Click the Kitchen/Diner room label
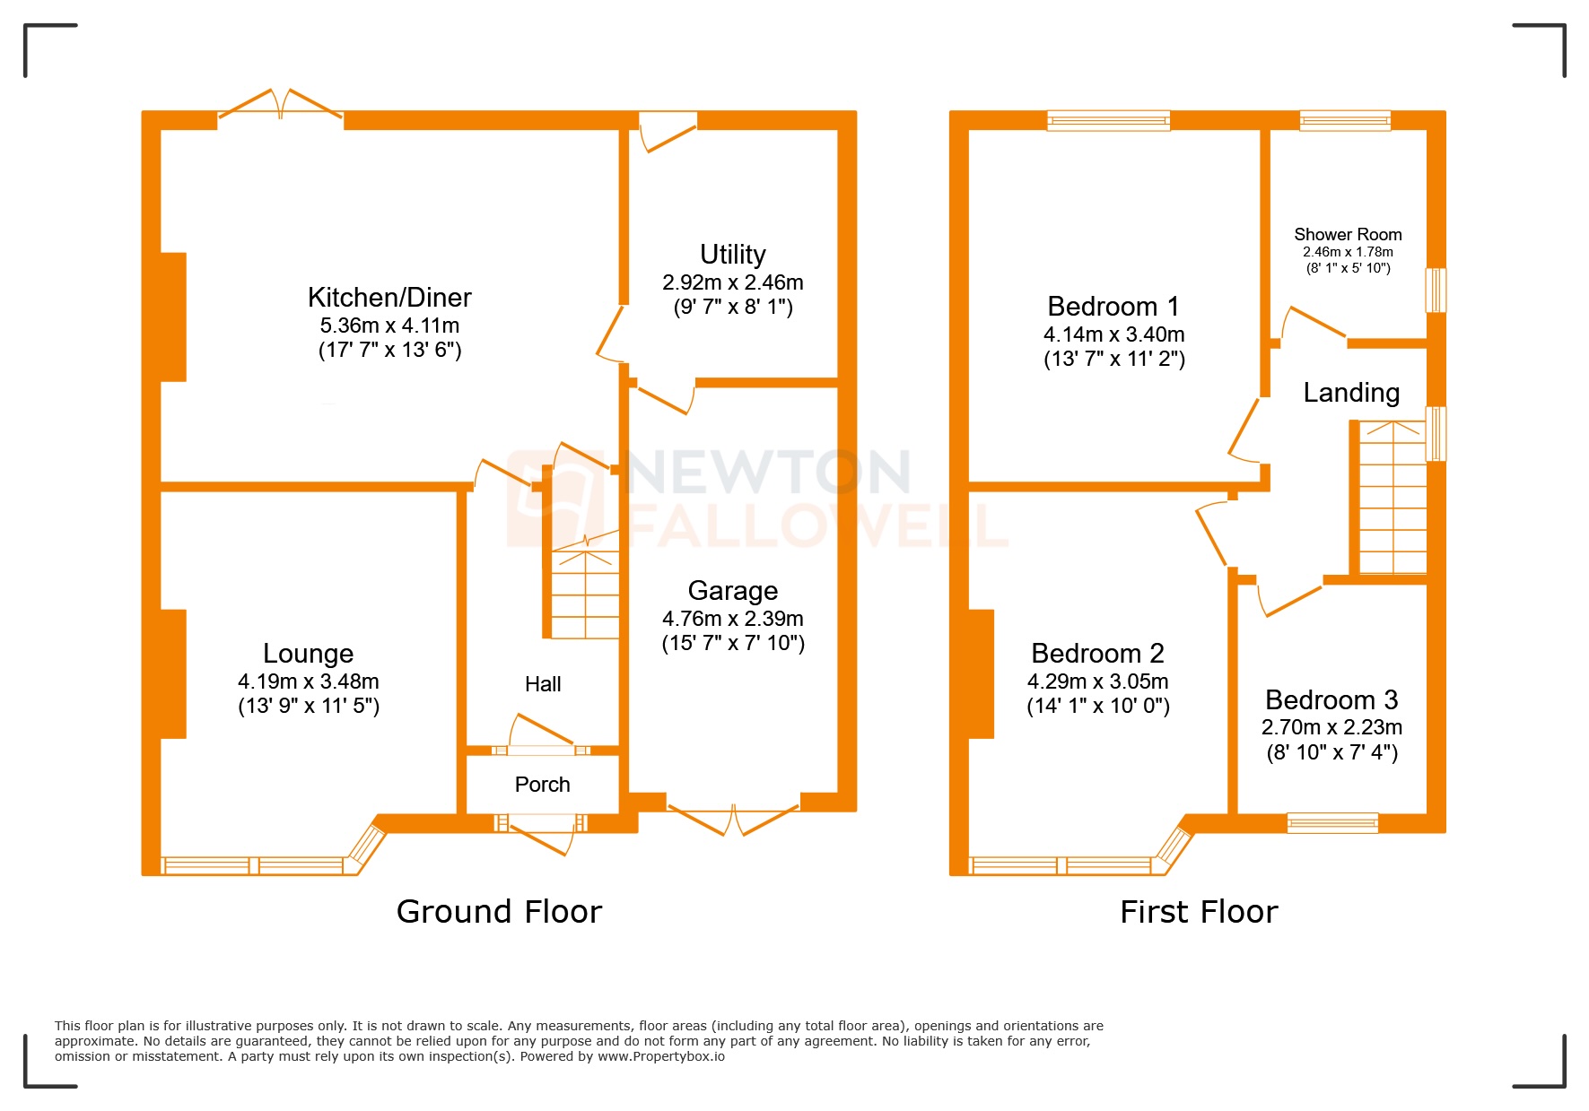point(389,297)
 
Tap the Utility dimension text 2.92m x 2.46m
point(732,282)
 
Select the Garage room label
point(732,590)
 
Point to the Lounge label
point(308,653)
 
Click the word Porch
point(542,785)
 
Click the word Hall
point(542,684)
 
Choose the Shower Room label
point(1347,234)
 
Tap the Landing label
point(1350,393)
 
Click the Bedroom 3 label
point(1331,699)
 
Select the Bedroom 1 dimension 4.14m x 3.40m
point(1113,334)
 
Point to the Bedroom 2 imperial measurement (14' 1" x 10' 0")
point(1097,706)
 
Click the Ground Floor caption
point(499,911)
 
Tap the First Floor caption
point(1198,911)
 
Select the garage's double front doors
point(733,819)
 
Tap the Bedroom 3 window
point(1331,822)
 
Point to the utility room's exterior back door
point(668,127)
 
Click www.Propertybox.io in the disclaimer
point(660,1056)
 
